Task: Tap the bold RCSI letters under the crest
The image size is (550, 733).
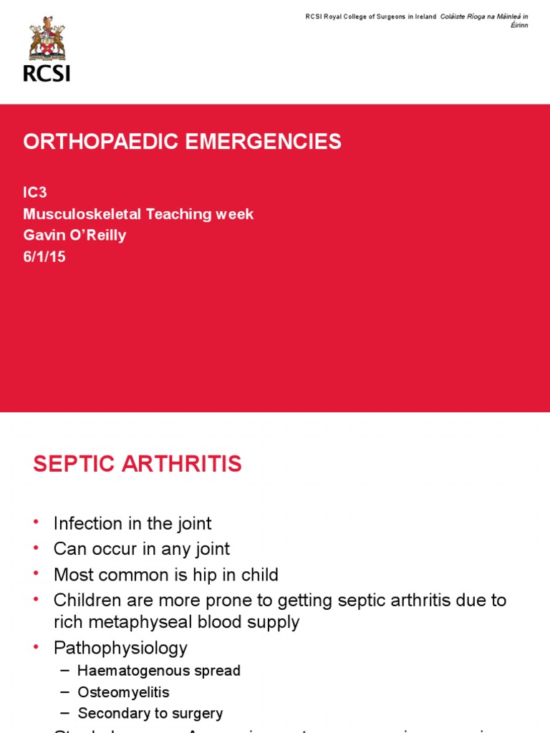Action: pyautogui.click(x=47, y=72)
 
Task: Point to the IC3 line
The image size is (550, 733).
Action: pyautogui.click(x=35, y=193)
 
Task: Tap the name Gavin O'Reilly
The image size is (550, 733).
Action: pyautogui.click(x=74, y=236)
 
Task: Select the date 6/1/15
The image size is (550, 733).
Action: pyautogui.click(x=44, y=256)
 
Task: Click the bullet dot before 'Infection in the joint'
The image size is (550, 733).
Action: pyautogui.click(x=37, y=523)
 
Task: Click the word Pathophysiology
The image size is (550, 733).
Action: pyautogui.click(x=120, y=648)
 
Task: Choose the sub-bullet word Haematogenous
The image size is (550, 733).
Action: pyautogui.click(x=128, y=671)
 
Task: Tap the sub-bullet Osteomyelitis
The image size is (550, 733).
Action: pyautogui.click(x=124, y=692)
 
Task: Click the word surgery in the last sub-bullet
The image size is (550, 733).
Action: pyautogui.click(x=196, y=714)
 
